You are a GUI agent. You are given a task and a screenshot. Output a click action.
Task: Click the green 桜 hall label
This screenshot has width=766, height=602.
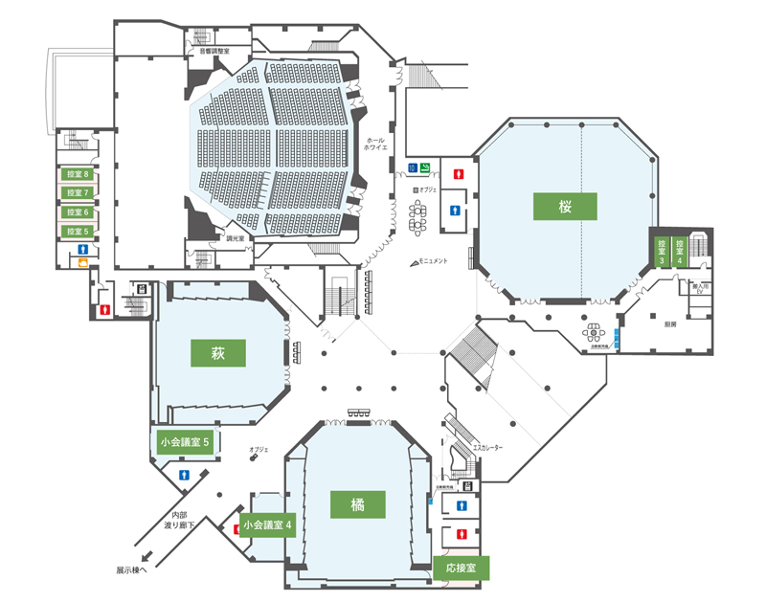(566, 206)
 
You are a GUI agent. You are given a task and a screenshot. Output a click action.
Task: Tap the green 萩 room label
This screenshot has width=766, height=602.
(218, 352)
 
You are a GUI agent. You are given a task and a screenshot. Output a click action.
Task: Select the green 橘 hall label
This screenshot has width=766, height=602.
(357, 504)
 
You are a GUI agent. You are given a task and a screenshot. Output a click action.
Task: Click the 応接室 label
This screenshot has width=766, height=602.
(462, 568)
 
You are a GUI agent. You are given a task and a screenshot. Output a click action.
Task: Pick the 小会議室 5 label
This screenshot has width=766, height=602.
(187, 442)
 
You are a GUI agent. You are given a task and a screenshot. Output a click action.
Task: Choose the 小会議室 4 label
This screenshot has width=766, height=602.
(268, 524)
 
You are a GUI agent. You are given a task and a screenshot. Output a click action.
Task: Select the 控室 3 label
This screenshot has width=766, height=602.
(661, 251)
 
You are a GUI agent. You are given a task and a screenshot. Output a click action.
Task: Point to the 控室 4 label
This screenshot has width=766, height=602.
(680, 251)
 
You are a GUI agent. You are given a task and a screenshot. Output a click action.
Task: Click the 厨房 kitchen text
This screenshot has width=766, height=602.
(670, 323)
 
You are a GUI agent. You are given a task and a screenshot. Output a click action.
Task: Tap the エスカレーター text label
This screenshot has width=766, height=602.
(487, 448)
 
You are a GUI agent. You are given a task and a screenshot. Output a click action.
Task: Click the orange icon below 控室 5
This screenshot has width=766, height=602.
(84, 263)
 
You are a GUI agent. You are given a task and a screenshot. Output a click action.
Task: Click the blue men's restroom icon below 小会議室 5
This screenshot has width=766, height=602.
(183, 474)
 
